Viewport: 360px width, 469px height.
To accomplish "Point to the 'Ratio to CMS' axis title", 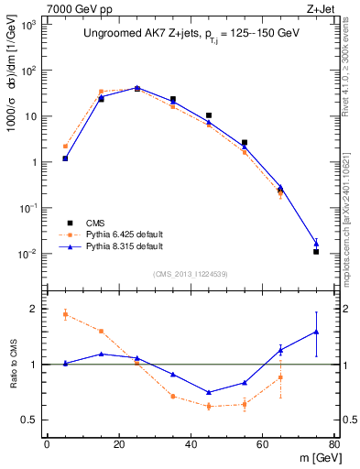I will (x=13, y=365).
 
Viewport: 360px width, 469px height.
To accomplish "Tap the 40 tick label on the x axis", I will (x=190, y=445).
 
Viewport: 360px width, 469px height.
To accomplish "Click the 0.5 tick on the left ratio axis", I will (x=30, y=420).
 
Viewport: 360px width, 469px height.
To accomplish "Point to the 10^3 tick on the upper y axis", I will (x=27, y=25).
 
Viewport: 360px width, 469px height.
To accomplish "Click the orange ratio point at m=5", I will (x=65, y=314).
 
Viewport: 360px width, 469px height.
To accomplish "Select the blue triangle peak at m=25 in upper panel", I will (x=137, y=88).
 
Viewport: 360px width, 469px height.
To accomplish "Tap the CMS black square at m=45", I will (x=209, y=115).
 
